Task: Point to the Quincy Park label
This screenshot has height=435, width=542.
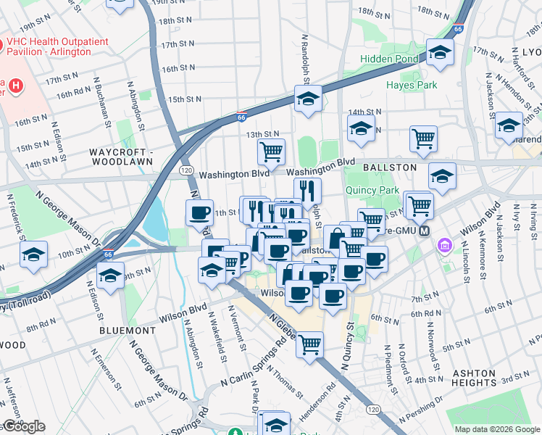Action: coord(373,191)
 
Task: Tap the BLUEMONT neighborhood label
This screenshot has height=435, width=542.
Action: coord(128,330)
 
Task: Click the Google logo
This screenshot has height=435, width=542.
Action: coord(23,426)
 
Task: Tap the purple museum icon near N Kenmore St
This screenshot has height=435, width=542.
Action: coord(442,248)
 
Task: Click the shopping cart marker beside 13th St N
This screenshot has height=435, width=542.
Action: coord(271,152)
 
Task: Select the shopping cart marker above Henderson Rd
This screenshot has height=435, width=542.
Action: coord(309,343)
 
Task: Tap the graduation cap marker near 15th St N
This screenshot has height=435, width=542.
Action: coord(308,99)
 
